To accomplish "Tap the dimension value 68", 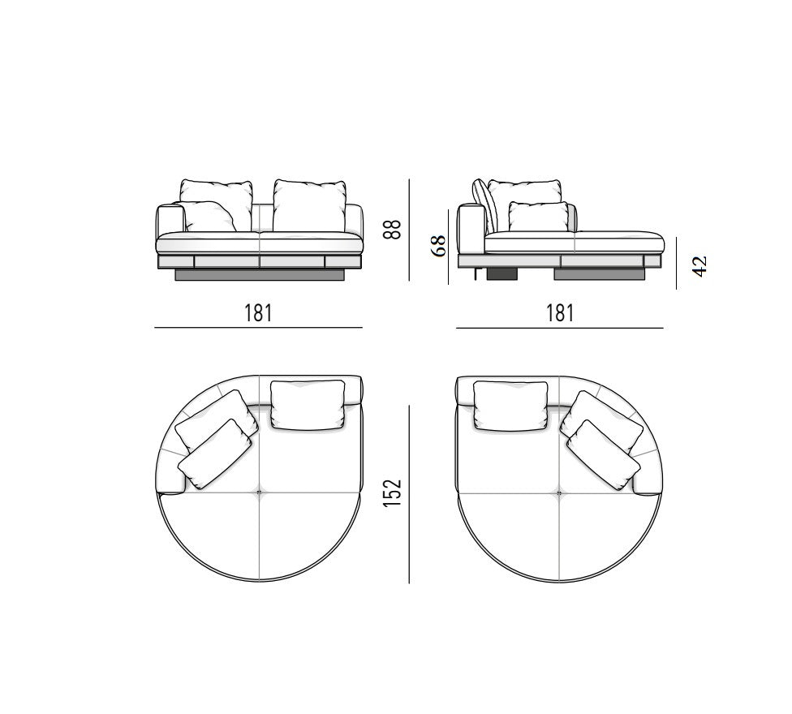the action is click(x=438, y=246).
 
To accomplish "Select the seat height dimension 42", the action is click(x=699, y=266).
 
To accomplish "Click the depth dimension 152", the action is click(x=393, y=493).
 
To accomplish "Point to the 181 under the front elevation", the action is click(x=259, y=313).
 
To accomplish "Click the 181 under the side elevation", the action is click(x=560, y=313).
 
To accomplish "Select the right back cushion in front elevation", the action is click(x=310, y=205).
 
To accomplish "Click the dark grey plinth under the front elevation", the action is click(x=260, y=275).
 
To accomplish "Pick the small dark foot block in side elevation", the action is click(x=502, y=274).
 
